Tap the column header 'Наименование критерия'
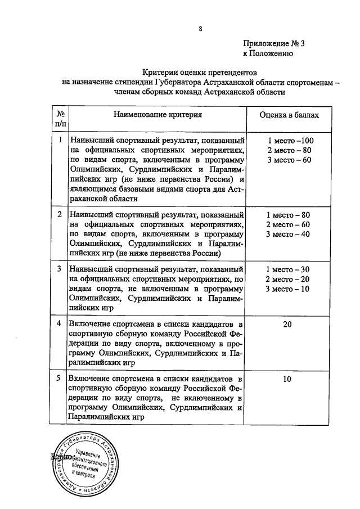click(x=157, y=115)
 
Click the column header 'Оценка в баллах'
click(x=289, y=115)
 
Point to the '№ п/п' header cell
click(x=60, y=119)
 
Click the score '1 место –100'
click(x=290, y=140)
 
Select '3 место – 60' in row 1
click(x=289, y=160)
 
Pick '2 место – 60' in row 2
click(x=289, y=224)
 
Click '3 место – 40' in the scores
click(x=289, y=235)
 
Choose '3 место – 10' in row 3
click(x=289, y=289)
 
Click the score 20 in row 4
click(x=287, y=325)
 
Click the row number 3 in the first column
click(x=60, y=269)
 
